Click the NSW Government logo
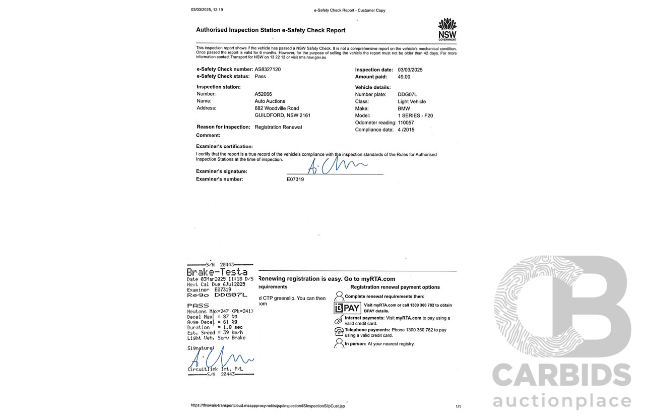click(x=447, y=30)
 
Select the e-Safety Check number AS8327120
click(x=268, y=69)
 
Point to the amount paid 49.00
click(x=404, y=77)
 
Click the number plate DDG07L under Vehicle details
click(x=407, y=94)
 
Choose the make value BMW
click(x=404, y=108)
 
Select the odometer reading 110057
click(x=406, y=123)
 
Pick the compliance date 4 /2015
click(x=406, y=130)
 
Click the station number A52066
click(x=263, y=94)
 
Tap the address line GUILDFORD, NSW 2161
click(x=282, y=115)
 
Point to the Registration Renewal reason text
click(x=278, y=127)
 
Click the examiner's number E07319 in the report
click(x=295, y=179)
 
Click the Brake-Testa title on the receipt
click(x=217, y=272)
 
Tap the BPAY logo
click(x=347, y=308)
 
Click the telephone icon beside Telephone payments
click(x=339, y=331)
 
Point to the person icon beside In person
click(x=339, y=343)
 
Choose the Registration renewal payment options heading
click(x=395, y=287)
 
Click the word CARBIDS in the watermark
click(x=561, y=375)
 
